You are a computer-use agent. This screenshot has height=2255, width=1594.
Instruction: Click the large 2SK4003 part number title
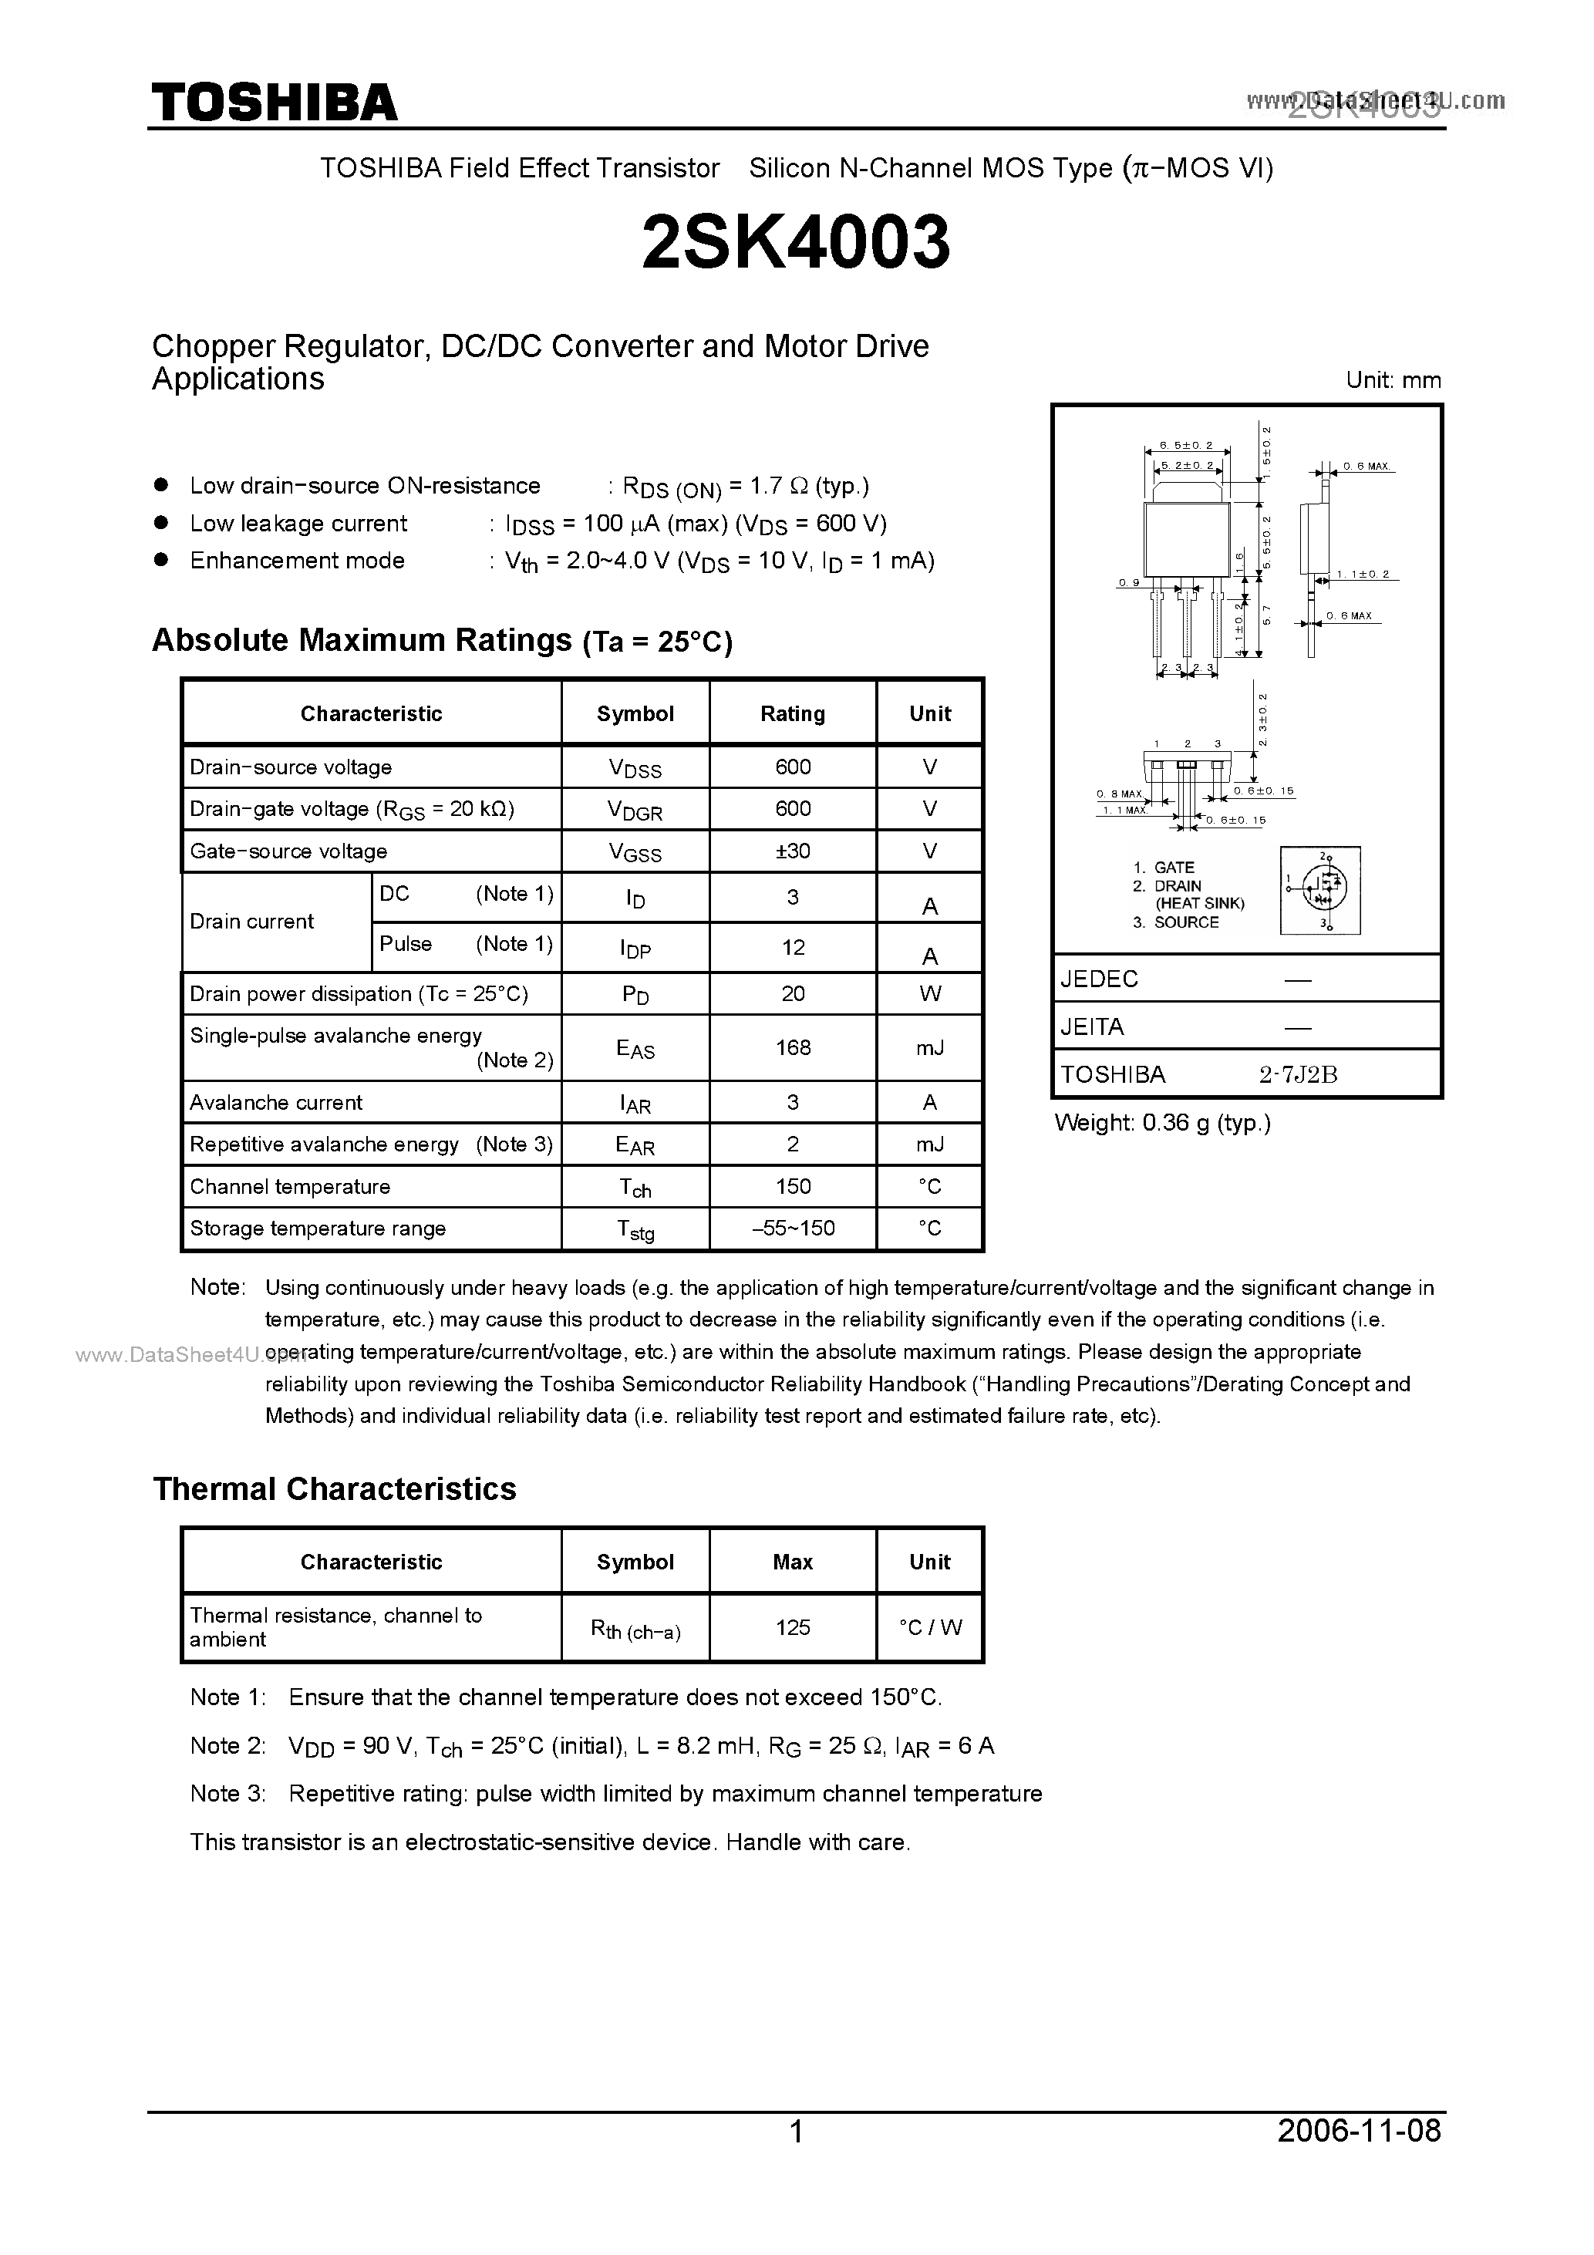click(796, 243)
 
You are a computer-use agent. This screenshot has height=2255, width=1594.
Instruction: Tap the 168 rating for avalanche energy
click(793, 1047)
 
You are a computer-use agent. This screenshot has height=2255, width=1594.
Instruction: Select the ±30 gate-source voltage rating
click(793, 851)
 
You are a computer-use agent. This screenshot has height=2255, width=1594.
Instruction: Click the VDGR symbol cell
click(635, 811)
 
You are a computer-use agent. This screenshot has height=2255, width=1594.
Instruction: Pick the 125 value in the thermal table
click(793, 1627)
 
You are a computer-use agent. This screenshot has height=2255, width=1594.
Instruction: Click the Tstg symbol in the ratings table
click(635, 1229)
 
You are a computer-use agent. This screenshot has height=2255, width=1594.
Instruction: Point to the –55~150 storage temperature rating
click(793, 1228)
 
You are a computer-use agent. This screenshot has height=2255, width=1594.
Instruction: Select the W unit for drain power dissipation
click(930, 993)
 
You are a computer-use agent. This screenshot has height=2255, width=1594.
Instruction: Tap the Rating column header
click(793, 714)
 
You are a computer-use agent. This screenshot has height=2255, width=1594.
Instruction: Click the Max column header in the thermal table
click(793, 1562)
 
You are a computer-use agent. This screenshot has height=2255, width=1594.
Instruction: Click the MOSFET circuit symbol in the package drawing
click(1320, 890)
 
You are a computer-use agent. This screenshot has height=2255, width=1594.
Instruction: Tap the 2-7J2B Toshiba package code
click(1299, 1074)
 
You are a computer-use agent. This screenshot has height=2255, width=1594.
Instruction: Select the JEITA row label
click(1091, 1026)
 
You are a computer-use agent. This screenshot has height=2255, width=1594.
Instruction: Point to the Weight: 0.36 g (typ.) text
click(1162, 1123)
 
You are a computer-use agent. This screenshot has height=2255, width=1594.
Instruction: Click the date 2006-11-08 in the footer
click(1360, 2130)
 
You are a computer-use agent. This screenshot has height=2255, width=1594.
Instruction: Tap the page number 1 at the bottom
click(797, 2132)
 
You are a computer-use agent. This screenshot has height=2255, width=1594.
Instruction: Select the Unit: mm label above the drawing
click(1393, 380)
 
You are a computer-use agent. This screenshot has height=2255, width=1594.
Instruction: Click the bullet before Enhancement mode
click(163, 560)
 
